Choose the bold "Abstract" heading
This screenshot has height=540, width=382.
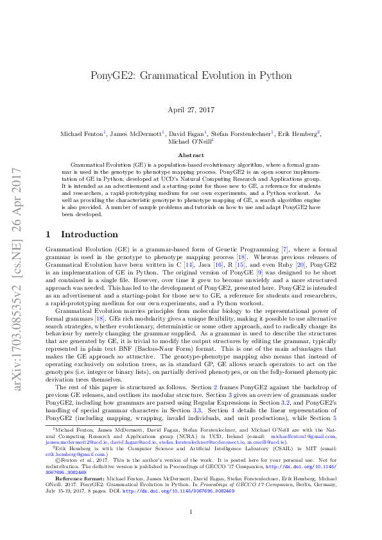pyautogui.click(x=191, y=155)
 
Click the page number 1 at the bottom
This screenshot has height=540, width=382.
pyautogui.click(x=191, y=510)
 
